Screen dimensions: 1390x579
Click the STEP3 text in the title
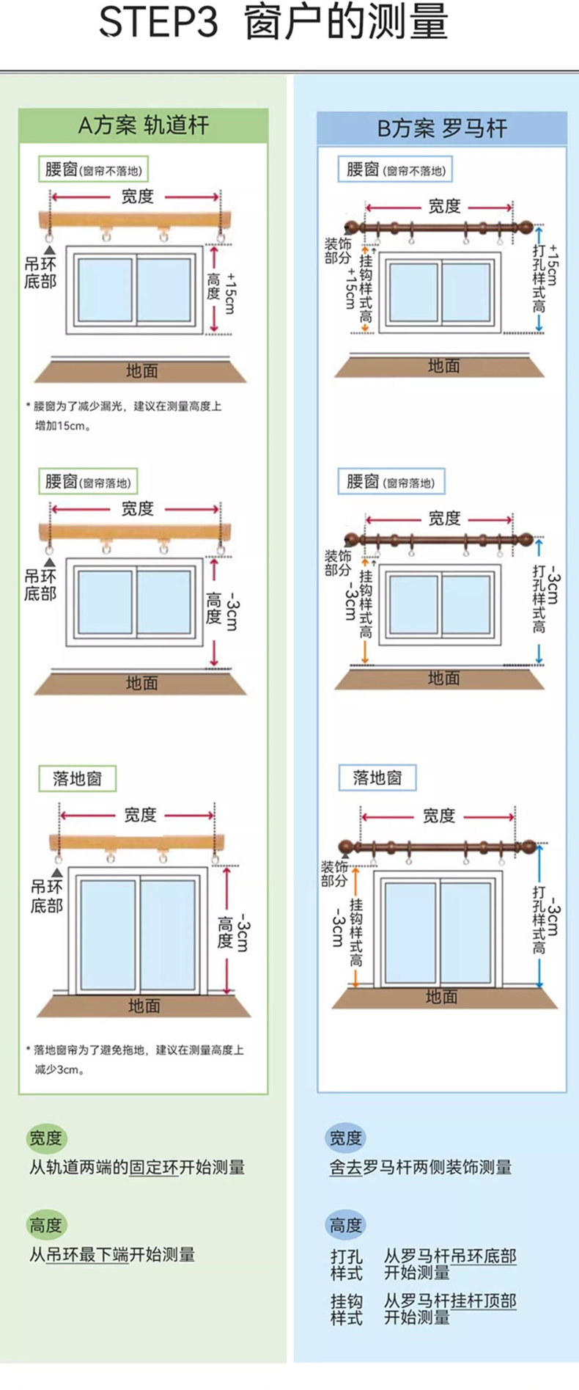click(158, 22)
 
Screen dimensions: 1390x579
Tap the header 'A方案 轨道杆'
click(144, 125)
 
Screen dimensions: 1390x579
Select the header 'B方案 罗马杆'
click(442, 128)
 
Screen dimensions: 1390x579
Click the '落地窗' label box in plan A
click(77, 778)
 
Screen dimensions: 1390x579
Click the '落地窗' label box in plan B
click(377, 778)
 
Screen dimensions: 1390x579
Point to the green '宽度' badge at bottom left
click(45, 1138)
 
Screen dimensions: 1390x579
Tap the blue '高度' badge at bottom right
click(345, 1225)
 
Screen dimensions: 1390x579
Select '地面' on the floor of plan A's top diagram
click(141, 371)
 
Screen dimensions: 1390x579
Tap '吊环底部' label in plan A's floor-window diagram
click(46, 896)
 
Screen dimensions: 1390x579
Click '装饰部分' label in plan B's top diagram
click(338, 250)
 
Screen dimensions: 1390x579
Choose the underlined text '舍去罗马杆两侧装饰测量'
click(420, 1167)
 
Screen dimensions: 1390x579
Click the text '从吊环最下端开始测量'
click(112, 1254)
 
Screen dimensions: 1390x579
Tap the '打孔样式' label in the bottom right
click(347, 1265)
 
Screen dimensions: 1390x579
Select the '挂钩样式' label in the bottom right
click(347, 1309)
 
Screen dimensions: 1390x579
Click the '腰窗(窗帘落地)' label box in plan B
click(391, 482)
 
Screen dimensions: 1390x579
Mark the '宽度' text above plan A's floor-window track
click(140, 815)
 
